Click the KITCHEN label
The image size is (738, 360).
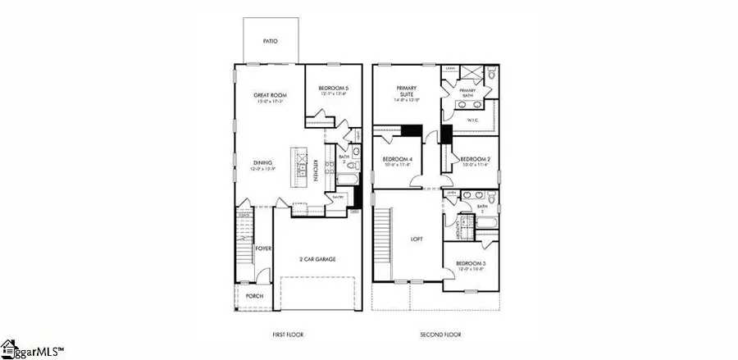click(315, 169)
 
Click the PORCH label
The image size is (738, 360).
click(255, 295)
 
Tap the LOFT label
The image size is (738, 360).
click(416, 240)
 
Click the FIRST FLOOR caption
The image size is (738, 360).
click(289, 335)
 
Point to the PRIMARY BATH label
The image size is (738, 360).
click(467, 93)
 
